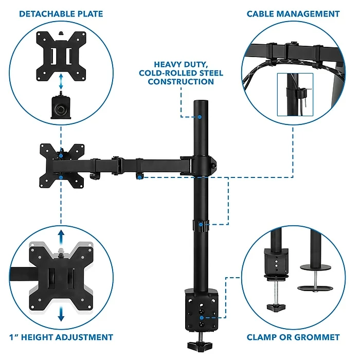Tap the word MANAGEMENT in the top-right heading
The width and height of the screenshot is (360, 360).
click(309, 14)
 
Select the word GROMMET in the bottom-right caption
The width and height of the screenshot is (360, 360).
click(317, 337)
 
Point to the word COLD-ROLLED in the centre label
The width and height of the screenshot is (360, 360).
click(164, 73)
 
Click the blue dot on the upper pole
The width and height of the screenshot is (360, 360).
click(200, 117)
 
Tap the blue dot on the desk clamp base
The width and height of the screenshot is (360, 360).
click(202, 318)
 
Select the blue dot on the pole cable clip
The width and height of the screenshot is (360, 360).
click(201, 224)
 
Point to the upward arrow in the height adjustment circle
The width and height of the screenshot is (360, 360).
click(61, 238)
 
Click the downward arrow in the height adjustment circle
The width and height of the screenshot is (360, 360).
click(61, 314)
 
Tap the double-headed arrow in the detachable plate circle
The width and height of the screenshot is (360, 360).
click(61, 81)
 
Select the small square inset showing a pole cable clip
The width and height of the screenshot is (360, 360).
click(295, 95)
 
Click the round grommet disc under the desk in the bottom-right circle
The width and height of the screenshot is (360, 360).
click(315, 288)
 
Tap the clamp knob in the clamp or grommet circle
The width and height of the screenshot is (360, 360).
click(276, 307)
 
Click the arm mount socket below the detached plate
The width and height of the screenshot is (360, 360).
click(61, 107)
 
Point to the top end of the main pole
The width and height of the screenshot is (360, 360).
click(201, 101)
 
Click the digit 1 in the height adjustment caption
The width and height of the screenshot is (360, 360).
click(11, 337)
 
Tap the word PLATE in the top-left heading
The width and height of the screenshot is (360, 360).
click(90, 14)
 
